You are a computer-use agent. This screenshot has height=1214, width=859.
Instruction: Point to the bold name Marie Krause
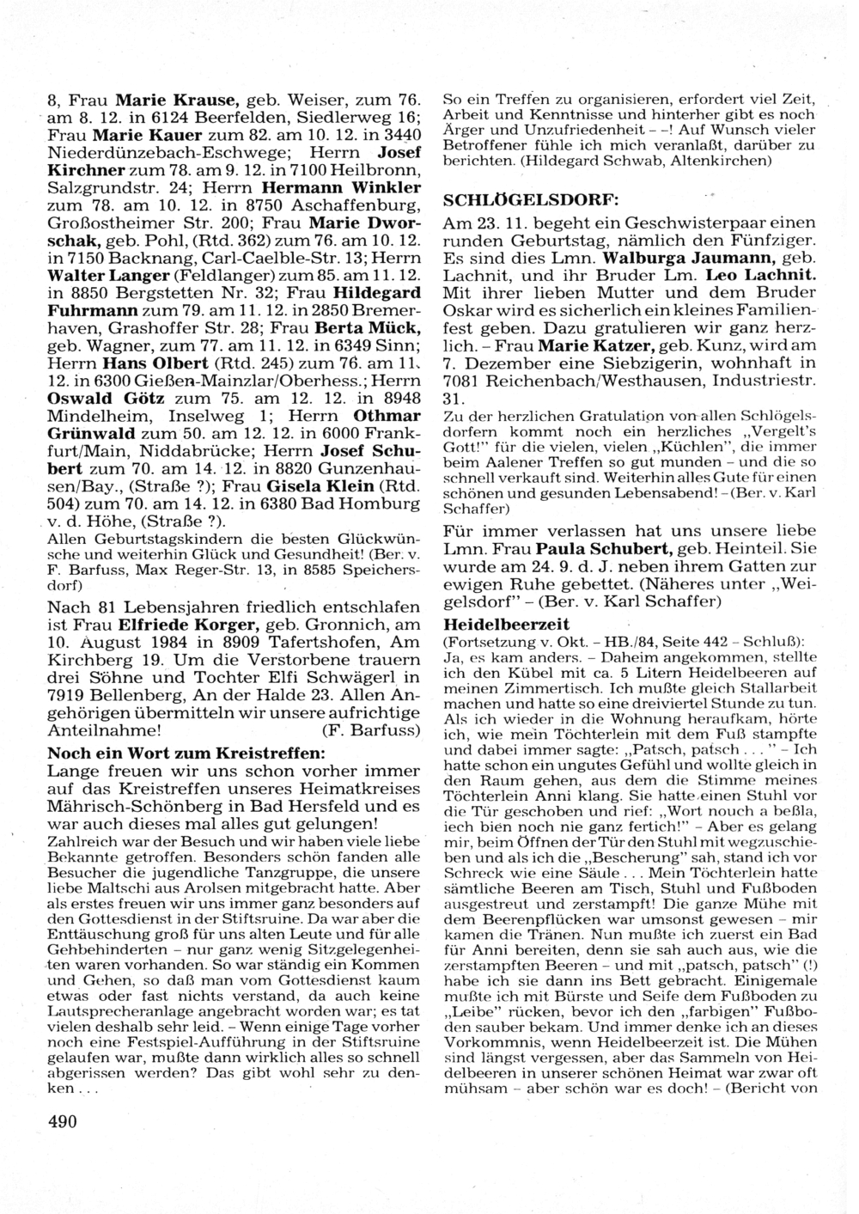click(x=179, y=100)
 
